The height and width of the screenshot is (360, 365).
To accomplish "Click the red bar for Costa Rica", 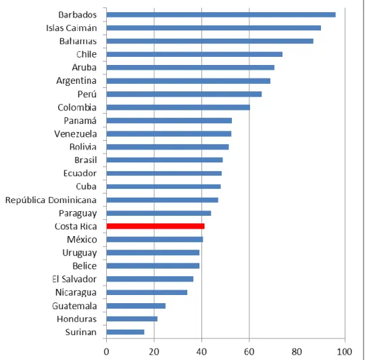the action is (x=155, y=226).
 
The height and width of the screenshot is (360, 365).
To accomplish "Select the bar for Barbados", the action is (x=221, y=15).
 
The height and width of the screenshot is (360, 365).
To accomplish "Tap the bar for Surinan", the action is (x=126, y=332).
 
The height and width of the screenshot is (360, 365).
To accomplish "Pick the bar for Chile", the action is (x=195, y=54).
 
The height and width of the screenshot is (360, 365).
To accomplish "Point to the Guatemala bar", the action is (x=136, y=306).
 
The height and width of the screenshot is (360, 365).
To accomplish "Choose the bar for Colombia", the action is (x=178, y=108).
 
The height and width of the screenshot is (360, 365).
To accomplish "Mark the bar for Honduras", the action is (x=132, y=319).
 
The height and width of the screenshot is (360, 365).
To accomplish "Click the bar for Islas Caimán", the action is (x=214, y=28).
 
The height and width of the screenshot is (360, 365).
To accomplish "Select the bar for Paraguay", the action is (x=159, y=213).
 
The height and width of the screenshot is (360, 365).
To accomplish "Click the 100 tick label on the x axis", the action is (x=345, y=352).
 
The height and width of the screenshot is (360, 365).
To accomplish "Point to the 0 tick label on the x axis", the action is (x=106, y=352).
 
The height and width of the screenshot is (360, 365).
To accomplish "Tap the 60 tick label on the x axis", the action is (x=249, y=352).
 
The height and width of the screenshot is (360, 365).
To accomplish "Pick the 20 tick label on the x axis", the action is (x=154, y=352).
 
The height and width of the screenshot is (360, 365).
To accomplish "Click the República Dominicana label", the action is (x=51, y=200).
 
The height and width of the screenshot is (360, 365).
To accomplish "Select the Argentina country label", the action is (x=76, y=81).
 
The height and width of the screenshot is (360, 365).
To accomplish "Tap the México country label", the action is (x=82, y=240).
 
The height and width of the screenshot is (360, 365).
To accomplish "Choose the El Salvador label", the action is (x=74, y=279).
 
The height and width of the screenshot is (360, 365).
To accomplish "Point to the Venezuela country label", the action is (x=76, y=134).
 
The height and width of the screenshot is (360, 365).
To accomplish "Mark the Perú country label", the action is (x=87, y=94).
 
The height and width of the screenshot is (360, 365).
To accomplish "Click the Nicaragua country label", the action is (x=76, y=292).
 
